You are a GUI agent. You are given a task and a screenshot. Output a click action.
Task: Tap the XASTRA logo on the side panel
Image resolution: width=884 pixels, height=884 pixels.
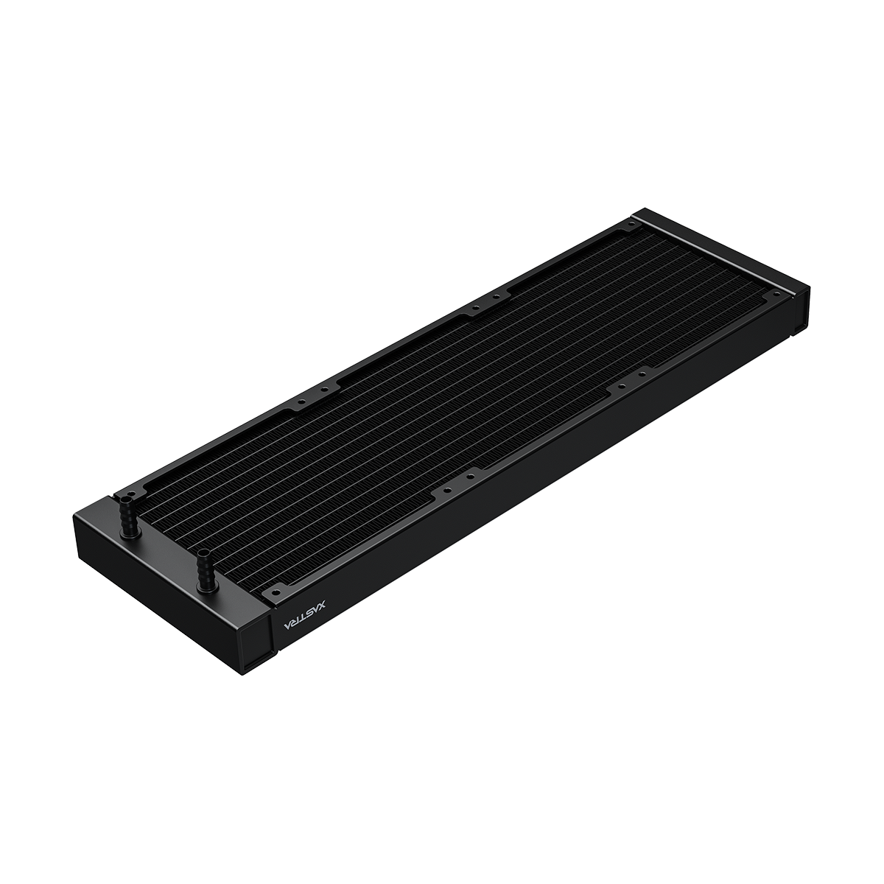click(x=304, y=617)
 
